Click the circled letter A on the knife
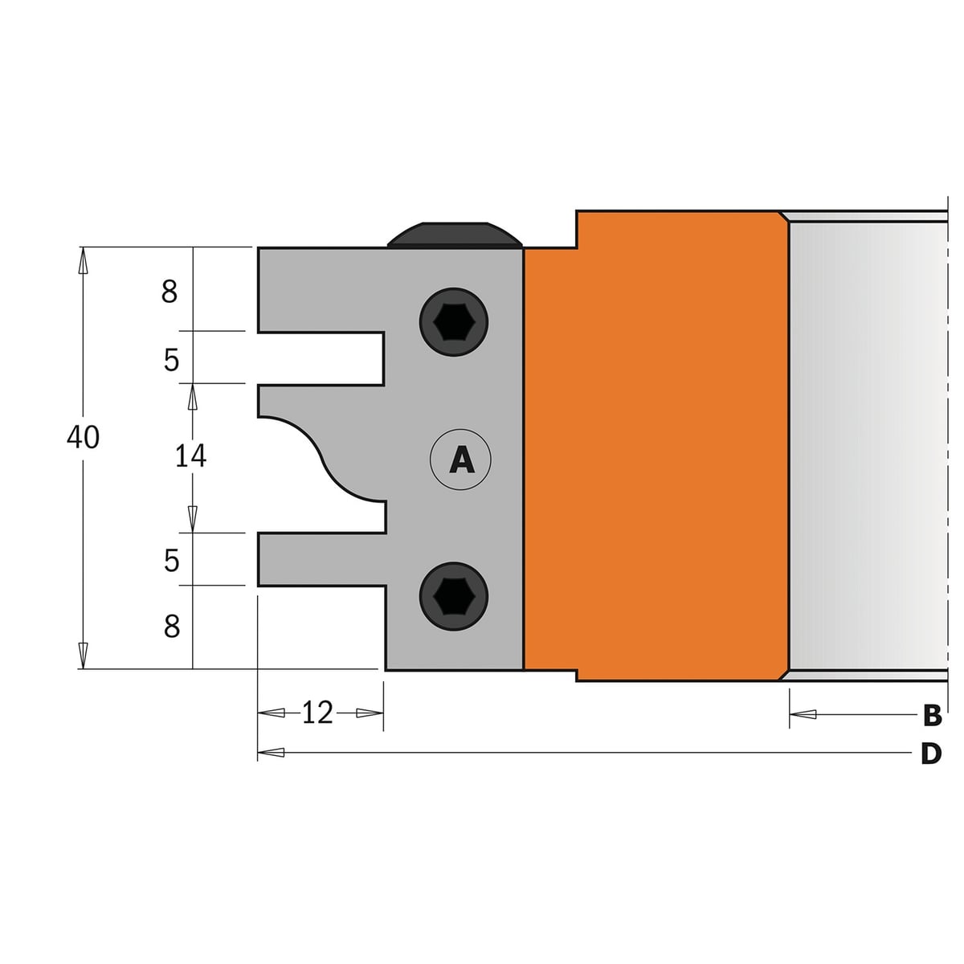pos(461,459)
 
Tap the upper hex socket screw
pos(454,321)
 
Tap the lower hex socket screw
pos(454,596)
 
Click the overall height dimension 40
pos(83,437)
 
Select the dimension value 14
pos(190,456)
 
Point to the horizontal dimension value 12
pos(317,713)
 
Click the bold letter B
pos(932,716)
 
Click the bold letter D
pos(931,754)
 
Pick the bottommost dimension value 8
pos(172,626)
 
